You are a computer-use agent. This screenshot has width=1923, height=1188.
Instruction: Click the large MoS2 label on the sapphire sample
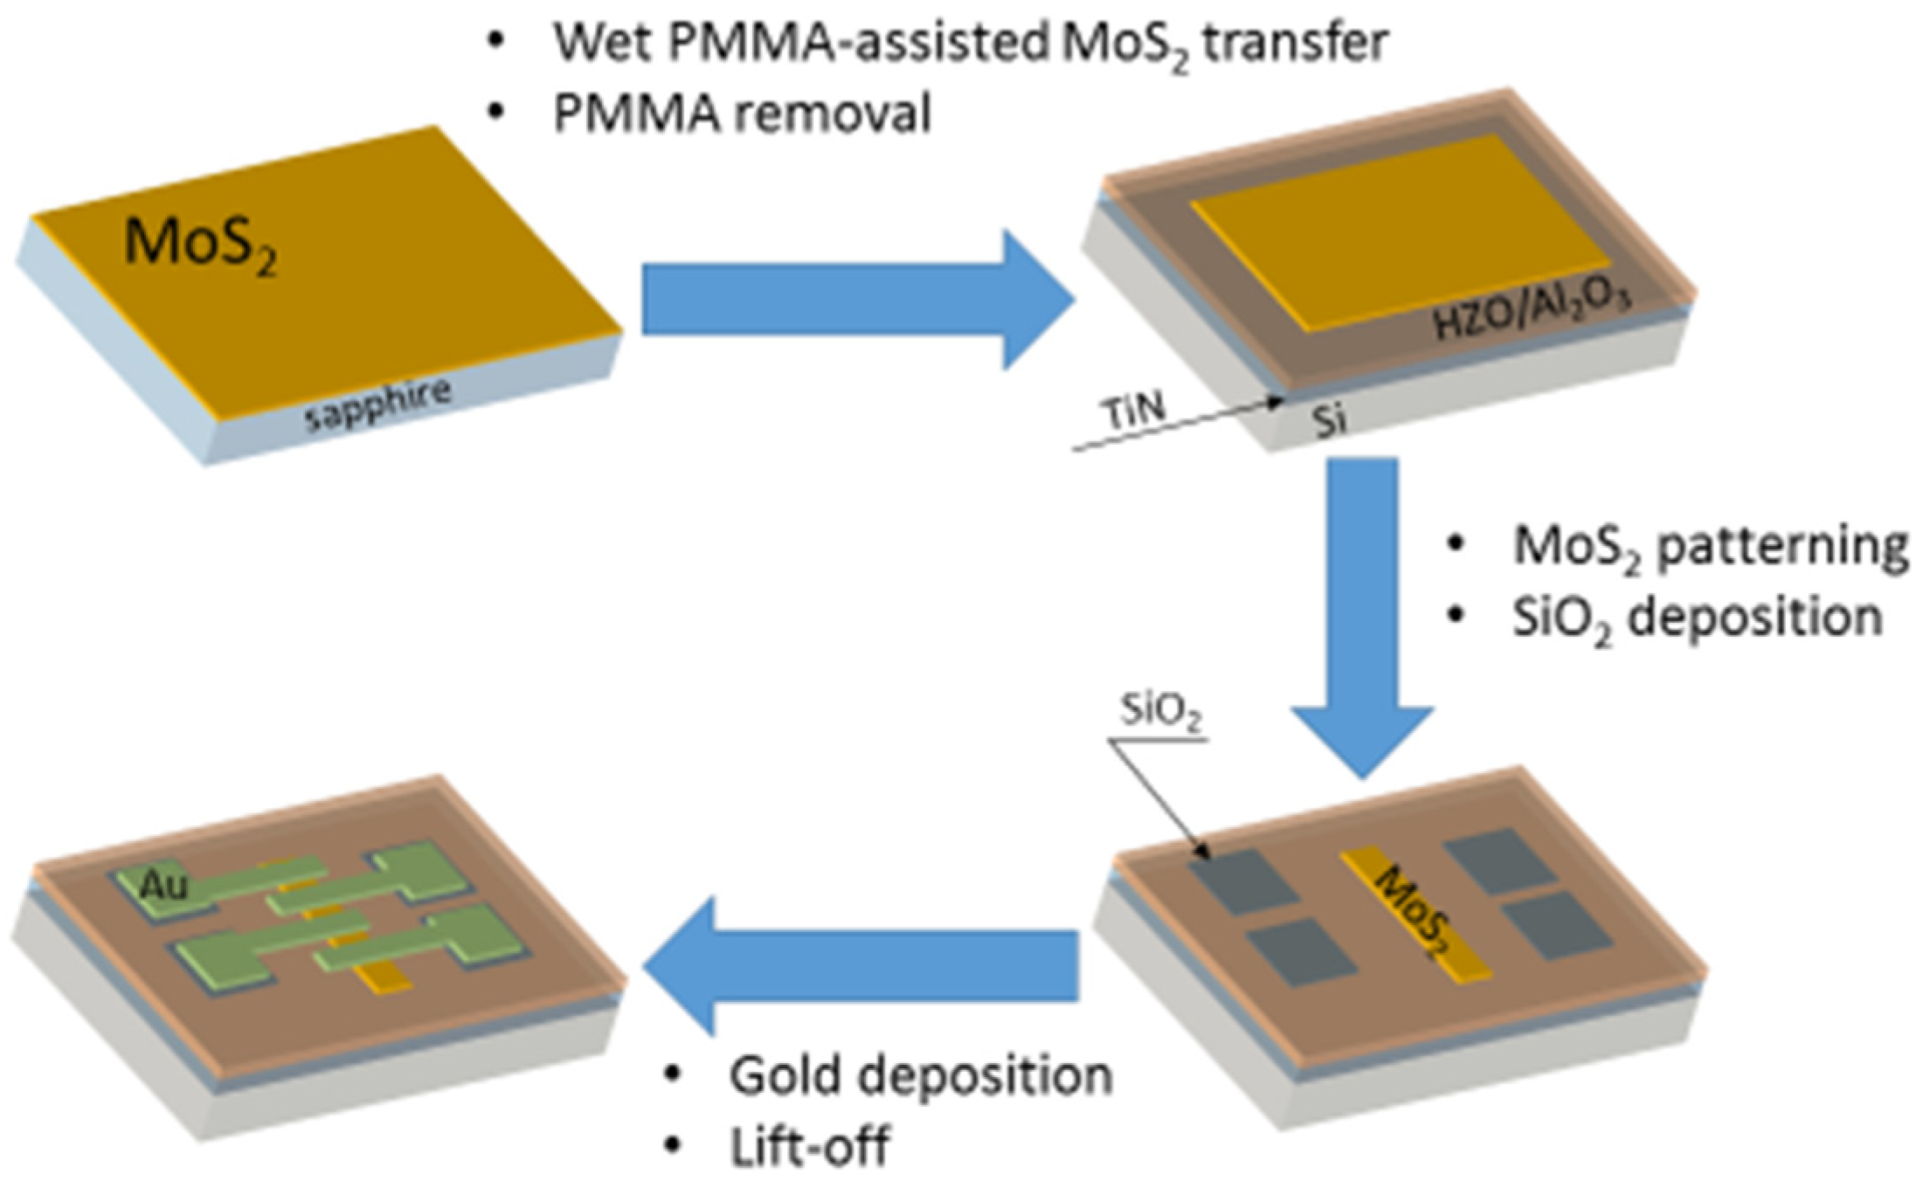point(201,243)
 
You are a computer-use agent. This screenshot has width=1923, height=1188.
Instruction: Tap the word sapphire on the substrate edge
point(378,404)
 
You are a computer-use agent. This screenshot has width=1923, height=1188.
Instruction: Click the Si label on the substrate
point(1329,421)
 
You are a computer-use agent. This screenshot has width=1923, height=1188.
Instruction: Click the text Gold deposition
point(920,1075)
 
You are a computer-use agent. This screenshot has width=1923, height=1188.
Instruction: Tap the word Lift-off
point(810,1146)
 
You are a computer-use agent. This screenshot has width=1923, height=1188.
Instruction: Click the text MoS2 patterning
point(1710,546)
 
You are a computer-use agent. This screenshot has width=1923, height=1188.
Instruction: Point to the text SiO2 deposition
point(1697,618)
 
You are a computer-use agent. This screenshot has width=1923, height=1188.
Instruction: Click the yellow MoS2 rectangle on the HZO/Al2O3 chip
point(1398,231)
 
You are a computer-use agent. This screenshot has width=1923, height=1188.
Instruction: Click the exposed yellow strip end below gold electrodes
point(385,978)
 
